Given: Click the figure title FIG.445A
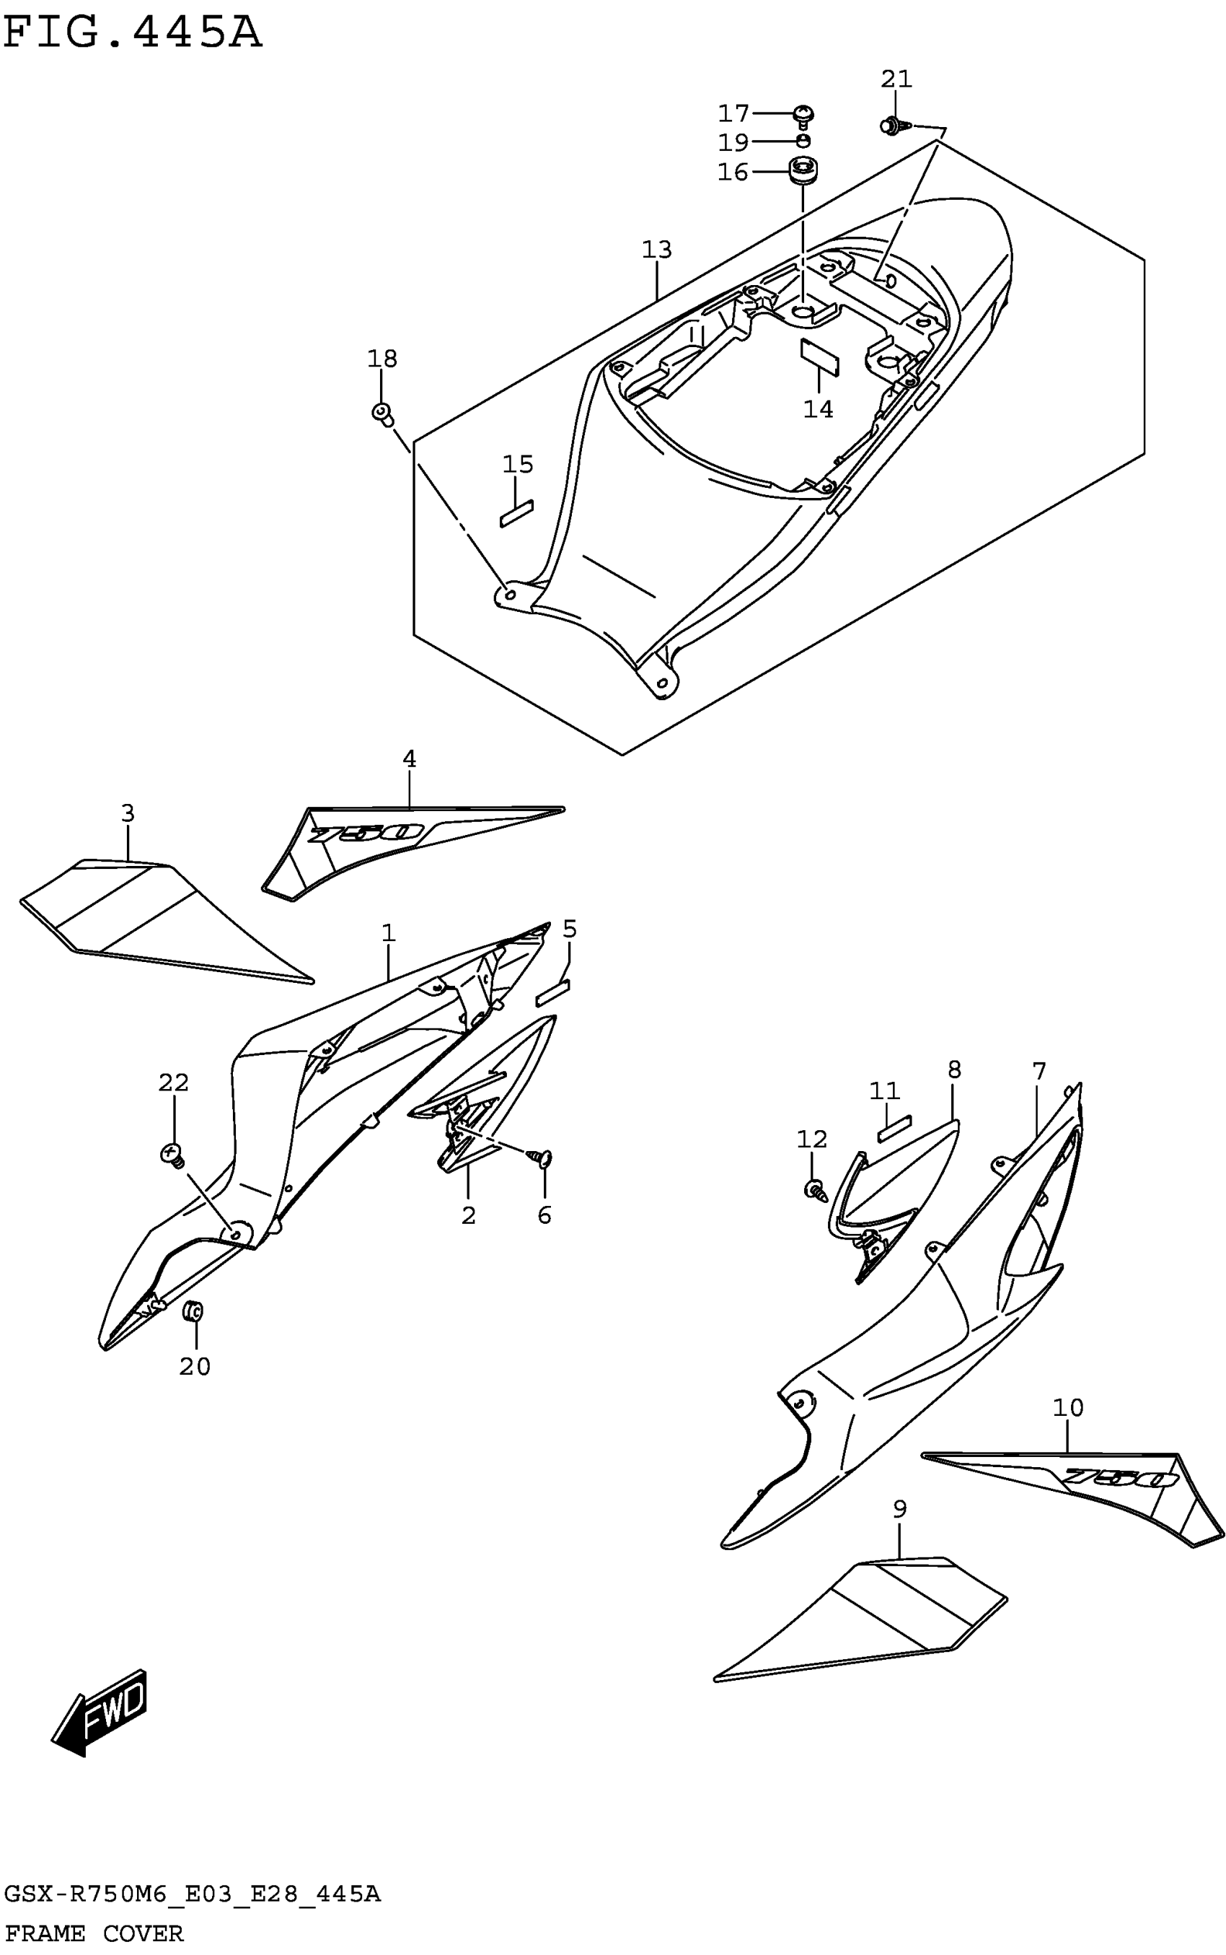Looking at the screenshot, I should tap(132, 34).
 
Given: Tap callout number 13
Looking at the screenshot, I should tap(657, 250).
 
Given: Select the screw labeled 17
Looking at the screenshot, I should tap(803, 116).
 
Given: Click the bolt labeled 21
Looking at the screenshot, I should tap(893, 126).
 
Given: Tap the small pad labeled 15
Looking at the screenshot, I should tap(516, 514).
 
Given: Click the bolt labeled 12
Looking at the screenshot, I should tap(813, 1190).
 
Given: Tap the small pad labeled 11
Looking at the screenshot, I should tap(894, 1127).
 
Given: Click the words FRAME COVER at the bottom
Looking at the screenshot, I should tap(94, 1934).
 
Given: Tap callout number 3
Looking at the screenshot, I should tap(128, 813).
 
